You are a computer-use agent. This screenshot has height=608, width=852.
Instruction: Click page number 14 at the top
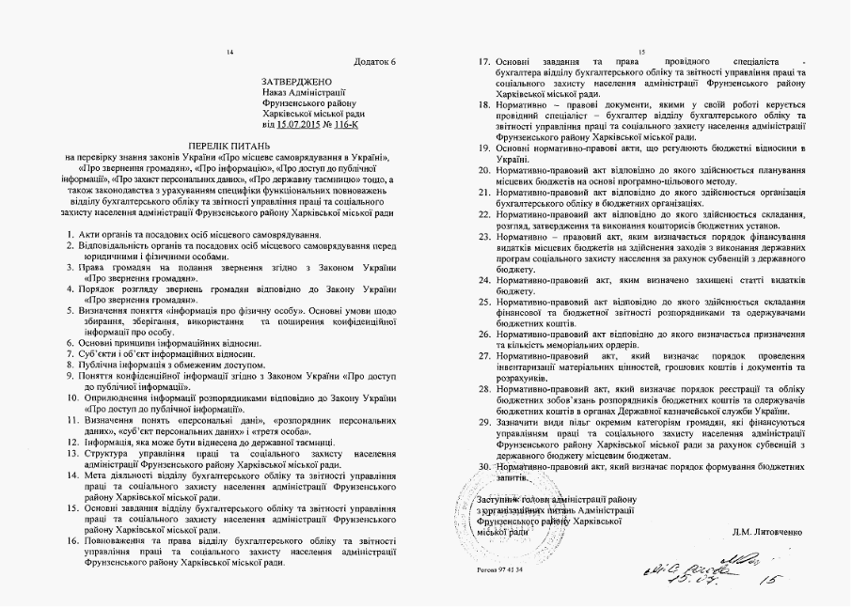pyautogui.click(x=229, y=51)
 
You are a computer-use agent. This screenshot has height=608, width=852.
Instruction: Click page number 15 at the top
pyautogui.click(x=641, y=51)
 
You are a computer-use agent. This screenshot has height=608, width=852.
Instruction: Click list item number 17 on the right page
pyautogui.click(x=484, y=61)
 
